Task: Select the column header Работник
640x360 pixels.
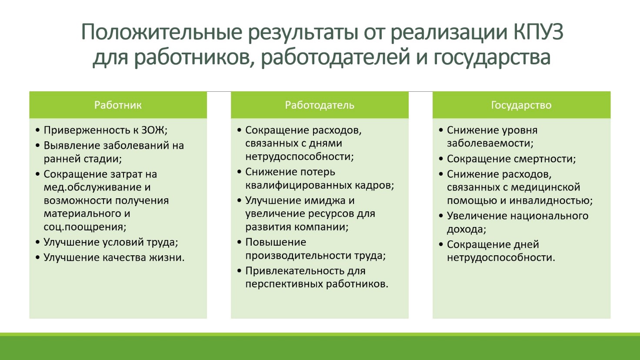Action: [118, 105]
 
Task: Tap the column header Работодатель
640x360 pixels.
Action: [320, 105]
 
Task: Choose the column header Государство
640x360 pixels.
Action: [521, 105]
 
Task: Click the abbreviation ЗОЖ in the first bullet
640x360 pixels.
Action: [154, 130]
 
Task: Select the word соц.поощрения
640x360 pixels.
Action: [85, 227]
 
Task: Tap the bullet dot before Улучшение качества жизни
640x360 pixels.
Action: [38, 258]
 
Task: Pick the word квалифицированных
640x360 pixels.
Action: [299, 185]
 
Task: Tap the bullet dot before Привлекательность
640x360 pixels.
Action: [240, 271]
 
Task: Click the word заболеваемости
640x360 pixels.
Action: [490, 143]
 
